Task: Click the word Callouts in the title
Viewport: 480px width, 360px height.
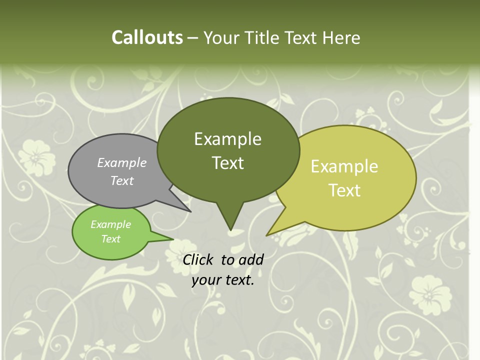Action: point(147,37)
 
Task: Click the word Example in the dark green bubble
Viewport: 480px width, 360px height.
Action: point(227,139)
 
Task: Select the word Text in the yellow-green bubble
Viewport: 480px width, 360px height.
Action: point(344,190)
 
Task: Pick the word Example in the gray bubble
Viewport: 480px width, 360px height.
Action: point(122,162)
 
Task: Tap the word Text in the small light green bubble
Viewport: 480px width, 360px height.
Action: point(111,239)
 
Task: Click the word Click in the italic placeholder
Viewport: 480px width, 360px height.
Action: point(198,259)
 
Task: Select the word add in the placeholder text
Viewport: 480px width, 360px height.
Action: point(250,259)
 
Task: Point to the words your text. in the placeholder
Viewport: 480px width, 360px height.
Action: point(223,280)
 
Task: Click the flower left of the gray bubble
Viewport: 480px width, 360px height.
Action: point(38,155)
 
